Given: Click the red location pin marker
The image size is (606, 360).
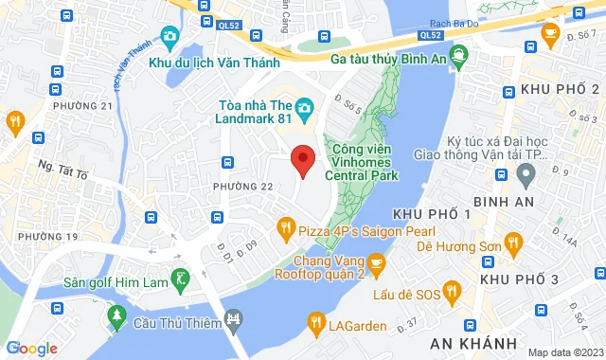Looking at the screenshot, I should click(x=302, y=159).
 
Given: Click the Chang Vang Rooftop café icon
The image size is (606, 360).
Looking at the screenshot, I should click(x=376, y=261).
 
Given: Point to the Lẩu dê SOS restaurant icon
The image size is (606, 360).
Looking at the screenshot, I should click(x=452, y=290).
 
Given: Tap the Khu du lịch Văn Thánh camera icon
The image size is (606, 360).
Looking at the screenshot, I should click(x=170, y=38).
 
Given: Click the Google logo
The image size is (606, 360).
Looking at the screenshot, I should click(x=30, y=348).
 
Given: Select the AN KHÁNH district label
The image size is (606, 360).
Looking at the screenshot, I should click(x=459, y=340).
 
